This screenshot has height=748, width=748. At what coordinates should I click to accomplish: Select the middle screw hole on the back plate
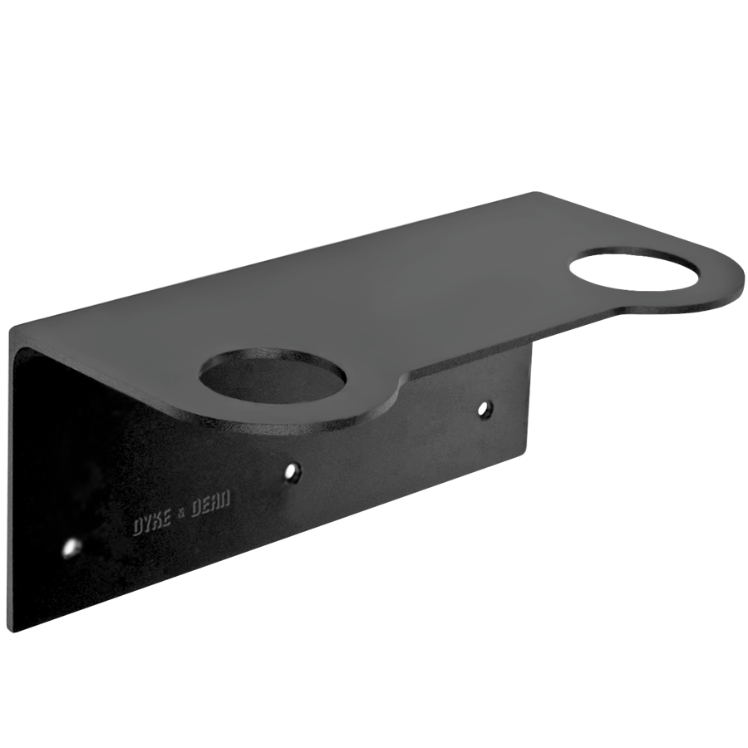[292, 472]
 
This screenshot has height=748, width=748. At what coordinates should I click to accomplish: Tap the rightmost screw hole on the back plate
[485, 408]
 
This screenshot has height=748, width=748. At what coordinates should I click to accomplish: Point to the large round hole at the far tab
[635, 268]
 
